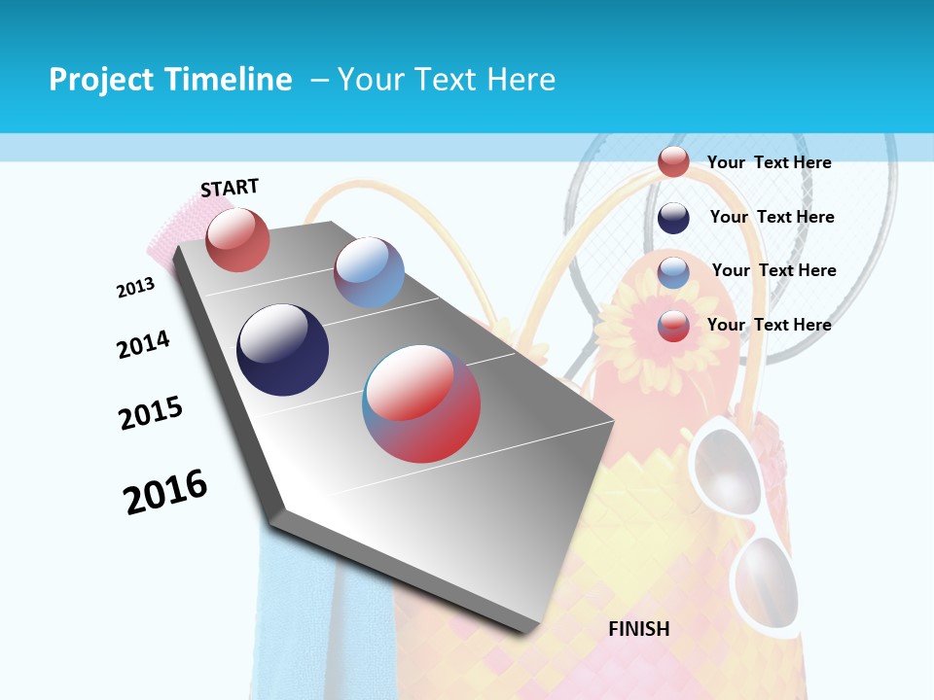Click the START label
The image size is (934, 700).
tap(230, 188)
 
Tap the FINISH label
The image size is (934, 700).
tap(639, 629)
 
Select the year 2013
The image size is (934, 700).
tap(135, 288)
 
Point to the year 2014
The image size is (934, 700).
tap(144, 345)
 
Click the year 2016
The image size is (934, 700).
tap(165, 492)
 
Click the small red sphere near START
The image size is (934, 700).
tap(237, 239)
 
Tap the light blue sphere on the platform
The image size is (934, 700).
tap(369, 272)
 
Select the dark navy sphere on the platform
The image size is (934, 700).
tap(282, 350)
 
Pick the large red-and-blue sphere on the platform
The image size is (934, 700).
tap(421, 403)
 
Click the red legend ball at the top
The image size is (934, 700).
tap(673, 161)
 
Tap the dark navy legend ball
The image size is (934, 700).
tap(673, 218)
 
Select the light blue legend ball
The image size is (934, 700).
tap(673, 271)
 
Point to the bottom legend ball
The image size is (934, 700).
tap(673, 325)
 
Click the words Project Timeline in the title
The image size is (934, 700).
tap(170, 80)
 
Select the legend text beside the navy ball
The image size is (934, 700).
tap(772, 217)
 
